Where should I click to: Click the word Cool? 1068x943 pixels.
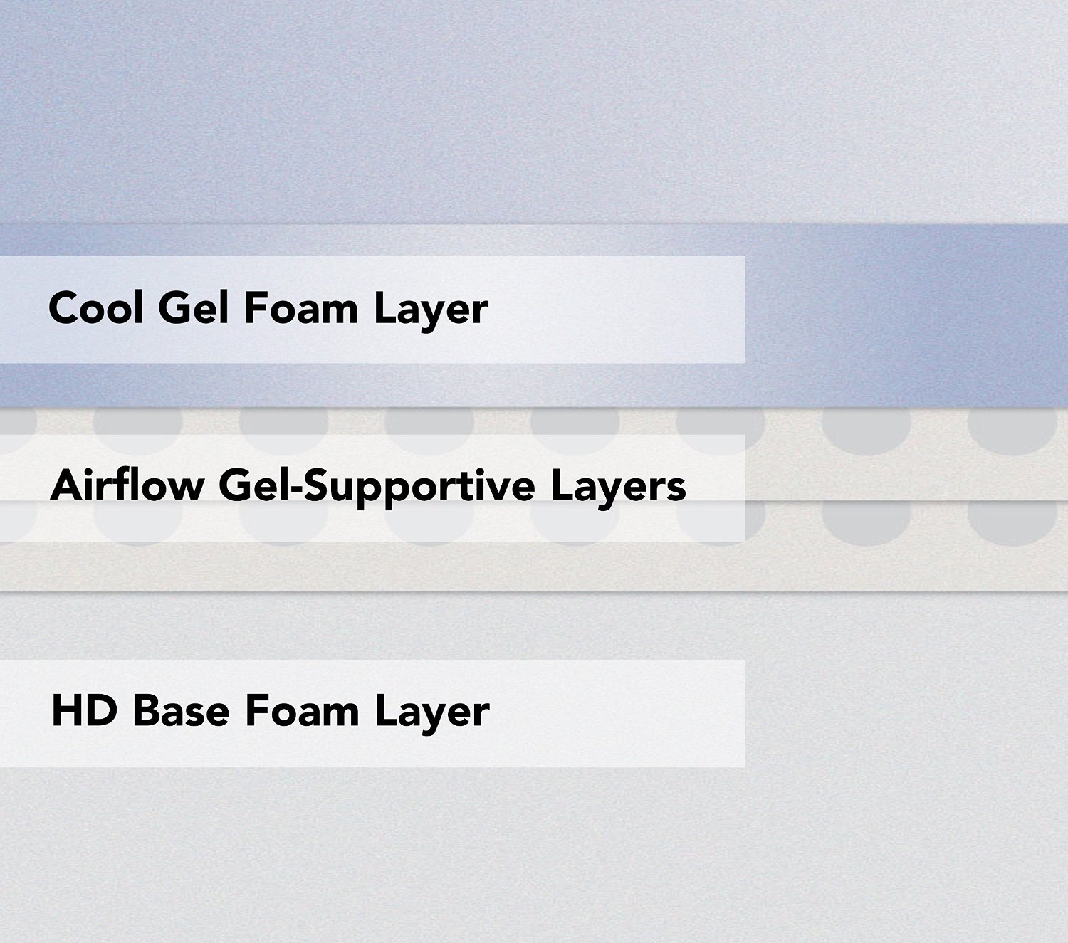click(x=96, y=308)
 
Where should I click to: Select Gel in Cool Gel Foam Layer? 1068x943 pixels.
click(x=194, y=308)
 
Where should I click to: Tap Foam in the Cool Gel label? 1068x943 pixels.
click(x=301, y=308)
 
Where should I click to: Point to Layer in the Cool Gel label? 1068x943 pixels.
click(x=431, y=311)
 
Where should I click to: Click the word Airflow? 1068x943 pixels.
click(x=127, y=485)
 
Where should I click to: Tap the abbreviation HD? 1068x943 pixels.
click(x=84, y=711)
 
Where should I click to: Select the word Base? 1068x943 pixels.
click(x=182, y=711)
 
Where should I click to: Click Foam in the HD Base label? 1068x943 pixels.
click(x=302, y=711)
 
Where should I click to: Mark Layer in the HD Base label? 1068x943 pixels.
click(x=432, y=715)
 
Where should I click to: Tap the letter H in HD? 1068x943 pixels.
click(x=66, y=711)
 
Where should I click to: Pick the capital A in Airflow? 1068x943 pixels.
click(x=66, y=485)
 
